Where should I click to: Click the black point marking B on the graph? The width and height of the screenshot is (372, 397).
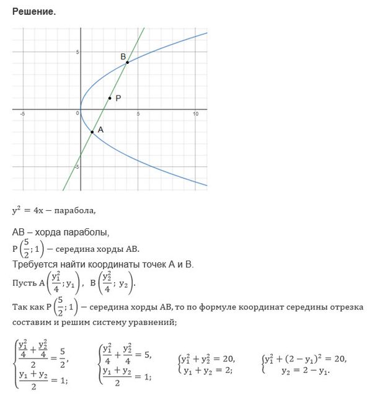click(x=127, y=63)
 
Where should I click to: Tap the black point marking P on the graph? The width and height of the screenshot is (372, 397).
click(x=110, y=98)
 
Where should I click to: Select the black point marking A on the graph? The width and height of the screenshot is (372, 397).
click(x=92, y=132)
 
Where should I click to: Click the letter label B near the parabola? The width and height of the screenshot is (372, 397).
click(x=123, y=56)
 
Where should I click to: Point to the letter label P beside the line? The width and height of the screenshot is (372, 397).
click(x=118, y=97)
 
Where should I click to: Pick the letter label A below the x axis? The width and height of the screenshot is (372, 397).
click(x=100, y=130)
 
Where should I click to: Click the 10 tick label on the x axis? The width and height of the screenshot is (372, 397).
click(x=195, y=114)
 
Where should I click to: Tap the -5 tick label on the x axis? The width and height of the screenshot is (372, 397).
click(x=22, y=114)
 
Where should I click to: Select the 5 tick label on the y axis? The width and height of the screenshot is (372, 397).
click(x=77, y=52)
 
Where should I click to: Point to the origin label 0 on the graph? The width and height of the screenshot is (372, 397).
click(x=78, y=114)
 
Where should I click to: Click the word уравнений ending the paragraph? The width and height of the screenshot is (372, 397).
click(x=155, y=321)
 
